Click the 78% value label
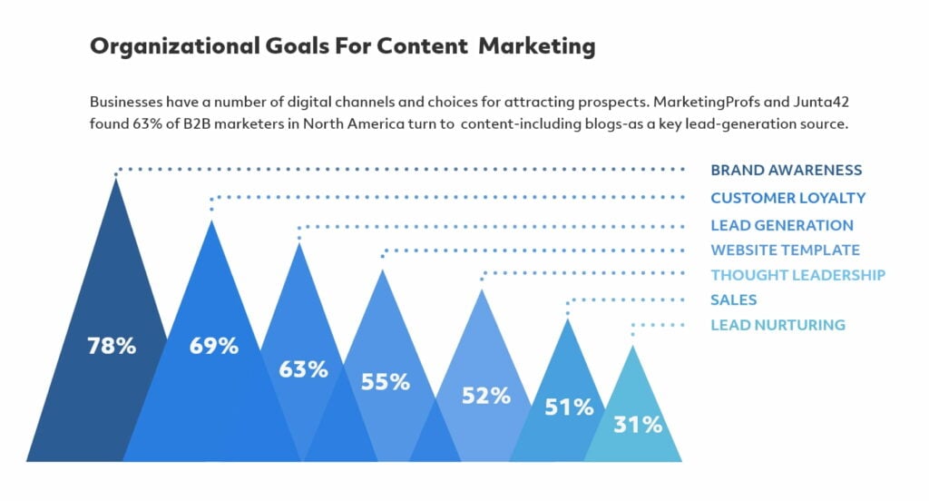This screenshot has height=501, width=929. pyautogui.click(x=112, y=346)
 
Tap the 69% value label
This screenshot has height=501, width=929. pyautogui.click(x=214, y=346)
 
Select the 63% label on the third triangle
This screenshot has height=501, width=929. pyautogui.click(x=303, y=369)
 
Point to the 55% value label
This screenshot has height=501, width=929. pyautogui.click(x=385, y=382)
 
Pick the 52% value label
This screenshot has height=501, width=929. pyautogui.click(x=486, y=396)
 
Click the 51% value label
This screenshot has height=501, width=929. pyautogui.click(x=569, y=408)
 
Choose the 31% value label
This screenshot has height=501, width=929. pyautogui.click(x=638, y=425)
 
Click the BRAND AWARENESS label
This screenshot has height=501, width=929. pyautogui.click(x=787, y=170)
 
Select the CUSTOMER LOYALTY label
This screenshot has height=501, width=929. pyautogui.click(x=788, y=198)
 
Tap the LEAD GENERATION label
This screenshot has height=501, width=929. pyautogui.click(x=782, y=225)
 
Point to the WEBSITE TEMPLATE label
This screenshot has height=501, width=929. pyautogui.click(x=785, y=250)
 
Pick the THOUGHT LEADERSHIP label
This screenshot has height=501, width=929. pyautogui.click(x=798, y=275)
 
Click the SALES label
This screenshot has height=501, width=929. pyautogui.click(x=733, y=300)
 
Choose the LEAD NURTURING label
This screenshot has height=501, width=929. pyautogui.click(x=777, y=325)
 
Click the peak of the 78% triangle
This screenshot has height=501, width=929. pyautogui.click(x=116, y=179)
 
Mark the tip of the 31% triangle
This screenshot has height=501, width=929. pyautogui.click(x=632, y=346)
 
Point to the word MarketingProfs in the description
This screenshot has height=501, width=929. pyautogui.click(x=706, y=103)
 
